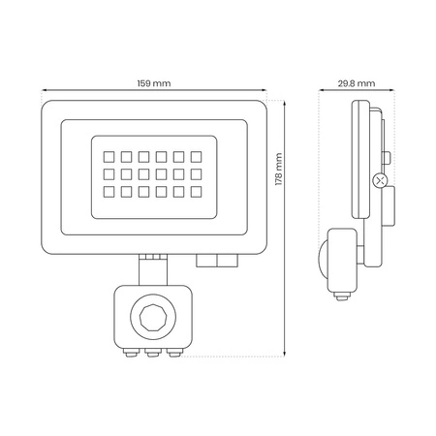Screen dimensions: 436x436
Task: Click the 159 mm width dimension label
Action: [154, 83]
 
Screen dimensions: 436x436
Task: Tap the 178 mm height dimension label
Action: [279, 170]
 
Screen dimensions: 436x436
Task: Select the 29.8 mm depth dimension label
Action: [357, 83]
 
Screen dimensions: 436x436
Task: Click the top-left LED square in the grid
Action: [109, 157]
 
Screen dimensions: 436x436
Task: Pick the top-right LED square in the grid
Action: [196, 157]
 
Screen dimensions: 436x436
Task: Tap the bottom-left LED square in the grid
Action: [109, 192]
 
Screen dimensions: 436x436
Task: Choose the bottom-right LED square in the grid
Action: [196, 192]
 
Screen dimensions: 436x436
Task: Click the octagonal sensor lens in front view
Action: [153, 317]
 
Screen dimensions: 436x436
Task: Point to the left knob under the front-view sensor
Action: [131, 353]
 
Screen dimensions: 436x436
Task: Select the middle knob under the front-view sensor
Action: [153, 353]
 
